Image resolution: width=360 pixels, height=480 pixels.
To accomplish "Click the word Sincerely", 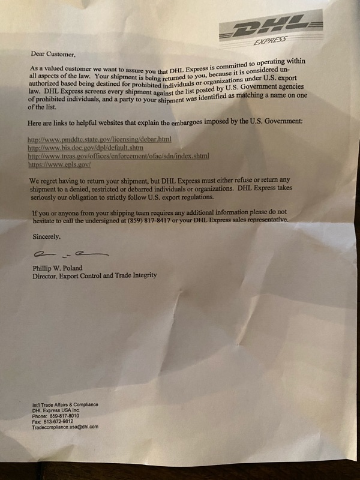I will (46, 237).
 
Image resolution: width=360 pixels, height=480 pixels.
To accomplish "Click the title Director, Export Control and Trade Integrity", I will (95, 275).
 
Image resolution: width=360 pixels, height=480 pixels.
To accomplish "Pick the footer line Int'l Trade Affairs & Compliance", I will (65, 404).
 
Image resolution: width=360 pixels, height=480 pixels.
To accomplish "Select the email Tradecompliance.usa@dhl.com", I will (65, 427).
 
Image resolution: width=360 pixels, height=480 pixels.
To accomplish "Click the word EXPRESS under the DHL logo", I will (270, 41).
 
